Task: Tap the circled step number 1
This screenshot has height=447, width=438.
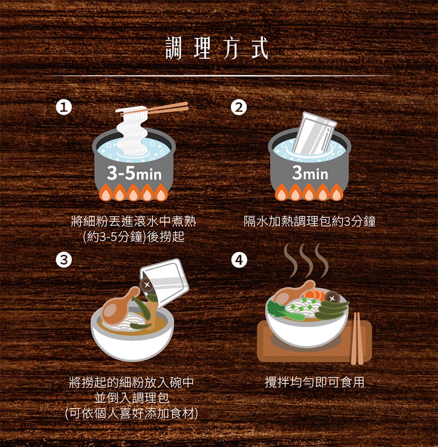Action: [65, 107]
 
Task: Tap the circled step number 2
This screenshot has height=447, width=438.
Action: [238, 107]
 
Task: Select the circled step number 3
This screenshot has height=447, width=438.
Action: [65, 260]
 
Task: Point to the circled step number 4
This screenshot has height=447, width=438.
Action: [238, 260]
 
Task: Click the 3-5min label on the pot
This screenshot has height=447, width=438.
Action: [134, 175]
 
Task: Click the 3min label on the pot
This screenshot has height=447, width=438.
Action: [309, 175]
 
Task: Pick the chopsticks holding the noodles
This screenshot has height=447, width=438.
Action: [164, 108]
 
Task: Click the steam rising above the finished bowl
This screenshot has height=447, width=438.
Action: [307, 260]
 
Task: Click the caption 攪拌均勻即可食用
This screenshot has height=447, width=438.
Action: [314, 382]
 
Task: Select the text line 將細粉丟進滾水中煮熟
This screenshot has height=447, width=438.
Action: [134, 221]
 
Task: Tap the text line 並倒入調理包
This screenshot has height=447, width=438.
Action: [131, 398]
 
